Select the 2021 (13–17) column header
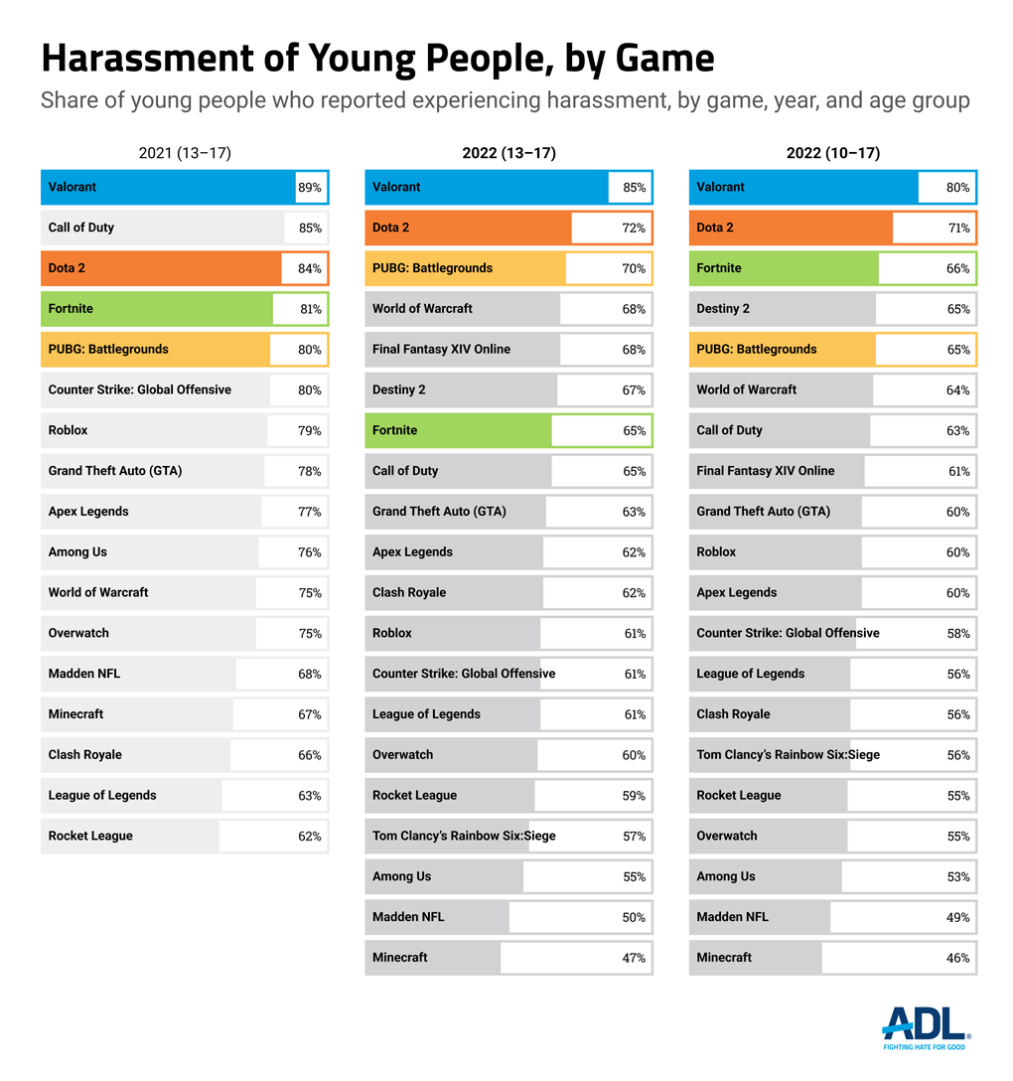point(185,153)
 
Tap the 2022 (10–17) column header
point(832,153)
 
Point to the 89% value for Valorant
point(310,188)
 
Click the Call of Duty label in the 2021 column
point(81,228)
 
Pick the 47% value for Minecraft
point(634,959)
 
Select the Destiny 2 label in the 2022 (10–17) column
point(723,309)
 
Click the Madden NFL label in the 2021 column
point(84,674)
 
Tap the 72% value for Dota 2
point(634,229)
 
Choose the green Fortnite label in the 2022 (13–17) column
point(394,430)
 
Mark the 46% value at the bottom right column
point(958,959)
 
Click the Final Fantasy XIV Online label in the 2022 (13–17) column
point(441,350)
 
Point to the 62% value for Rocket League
point(310,837)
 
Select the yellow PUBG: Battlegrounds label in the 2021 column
point(108,350)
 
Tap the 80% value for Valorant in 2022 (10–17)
point(958,188)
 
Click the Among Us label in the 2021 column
point(77,552)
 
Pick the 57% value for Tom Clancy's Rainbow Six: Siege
point(634,837)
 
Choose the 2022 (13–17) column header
point(508,153)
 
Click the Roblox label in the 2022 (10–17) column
point(716,552)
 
